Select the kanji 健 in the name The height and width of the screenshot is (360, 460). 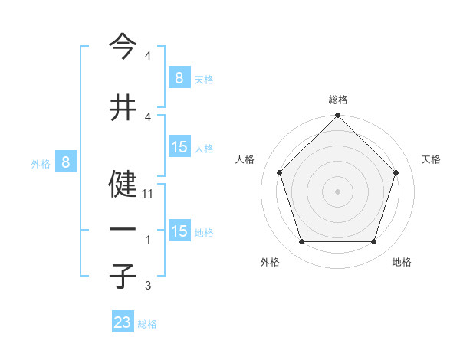click(123, 184)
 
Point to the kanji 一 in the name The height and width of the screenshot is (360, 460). click(123, 229)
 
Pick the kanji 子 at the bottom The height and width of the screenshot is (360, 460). click(123, 275)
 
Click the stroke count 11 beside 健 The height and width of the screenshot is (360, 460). click(148, 195)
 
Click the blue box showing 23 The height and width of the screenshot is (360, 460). click(123, 322)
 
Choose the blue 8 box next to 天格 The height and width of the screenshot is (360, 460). click(179, 78)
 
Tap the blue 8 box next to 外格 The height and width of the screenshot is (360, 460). click(66, 162)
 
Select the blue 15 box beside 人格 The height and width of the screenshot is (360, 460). click(179, 147)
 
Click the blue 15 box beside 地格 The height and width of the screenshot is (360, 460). click(179, 231)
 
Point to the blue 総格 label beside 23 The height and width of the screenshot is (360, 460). click(147, 324)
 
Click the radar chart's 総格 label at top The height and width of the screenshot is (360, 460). click(337, 100)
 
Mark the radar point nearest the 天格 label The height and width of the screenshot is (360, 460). click(396, 172)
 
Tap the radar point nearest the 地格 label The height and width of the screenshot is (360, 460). click(373, 242)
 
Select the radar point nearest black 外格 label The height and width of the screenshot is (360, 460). click(301, 242)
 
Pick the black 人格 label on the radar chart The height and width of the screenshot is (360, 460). click(245, 159)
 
